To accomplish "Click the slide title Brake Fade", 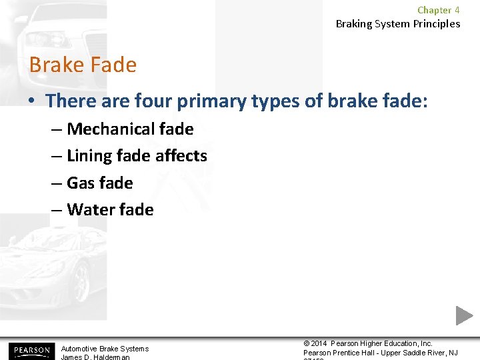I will pyautogui.click(x=83, y=65).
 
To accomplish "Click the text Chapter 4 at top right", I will pyautogui.click(x=438, y=10).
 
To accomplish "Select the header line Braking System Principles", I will pyautogui.click(x=397, y=24).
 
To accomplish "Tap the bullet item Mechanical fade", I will pyautogui.click(x=130, y=129).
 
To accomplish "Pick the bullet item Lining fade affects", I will pyautogui.click(x=137, y=156).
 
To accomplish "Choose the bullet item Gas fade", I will pyautogui.click(x=100, y=183).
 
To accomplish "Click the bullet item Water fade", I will pyautogui.click(x=110, y=209).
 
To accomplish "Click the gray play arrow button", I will pyautogui.click(x=464, y=315).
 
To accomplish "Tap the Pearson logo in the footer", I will pyautogui.click(x=30, y=350).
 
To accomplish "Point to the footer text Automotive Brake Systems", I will pyautogui.click(x=105, y=349).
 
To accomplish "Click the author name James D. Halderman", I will pyautogui.click(x=95, y=357).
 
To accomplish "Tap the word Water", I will pyautogui.click(x=89, y=209).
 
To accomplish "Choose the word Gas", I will pyautogui.click(x=81, y=183).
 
